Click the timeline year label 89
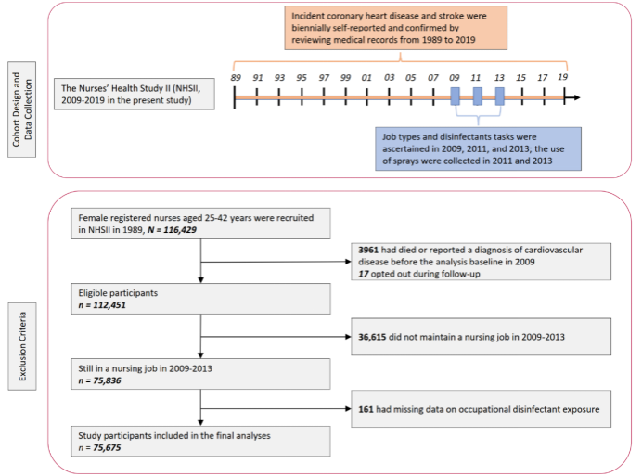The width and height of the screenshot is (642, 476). pyautogui.click(x=236, y=77)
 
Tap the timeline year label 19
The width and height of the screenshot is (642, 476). pyautogui.click(x=562, y=77)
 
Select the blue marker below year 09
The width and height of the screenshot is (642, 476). pyautogui.click(x=455, y=96)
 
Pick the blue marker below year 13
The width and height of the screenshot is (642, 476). pyautogui.click(x=499, y=96)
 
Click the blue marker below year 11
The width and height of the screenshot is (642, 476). pyautogui.click(x=477, y=96)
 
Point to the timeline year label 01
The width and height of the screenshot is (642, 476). pyautogui.click(x=366, y=77)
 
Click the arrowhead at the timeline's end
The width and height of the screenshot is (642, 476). pyautogui.click(x=576, y=97)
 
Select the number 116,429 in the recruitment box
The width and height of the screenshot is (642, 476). pyautogui.click(x=180, y=230)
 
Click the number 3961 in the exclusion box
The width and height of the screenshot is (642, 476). pyautogui.click(x=368, y=250)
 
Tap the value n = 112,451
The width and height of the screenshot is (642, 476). pyautogui.click(x=102, y=305)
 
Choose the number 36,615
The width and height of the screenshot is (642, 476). pyautogui.click(x=372, y=337)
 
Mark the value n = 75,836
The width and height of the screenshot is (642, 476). pyautogui.click(x=99, y=380)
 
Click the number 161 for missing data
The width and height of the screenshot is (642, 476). pyautogui.click(x=366, y=409)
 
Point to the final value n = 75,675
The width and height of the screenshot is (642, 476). pyautogui.click(x=99, y=448)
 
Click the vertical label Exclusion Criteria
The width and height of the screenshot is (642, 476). pyautogui.click(x=22, y=346)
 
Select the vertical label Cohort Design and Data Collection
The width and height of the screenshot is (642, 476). pyautogui.click(x=22, y=109)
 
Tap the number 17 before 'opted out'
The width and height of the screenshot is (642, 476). pyautogui.click(x=364, y=274)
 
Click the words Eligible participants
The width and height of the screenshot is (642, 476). pyautogui.click(x=118, y=293)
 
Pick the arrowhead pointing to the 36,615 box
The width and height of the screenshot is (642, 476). pyautogui.click(x=349, y=337)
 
